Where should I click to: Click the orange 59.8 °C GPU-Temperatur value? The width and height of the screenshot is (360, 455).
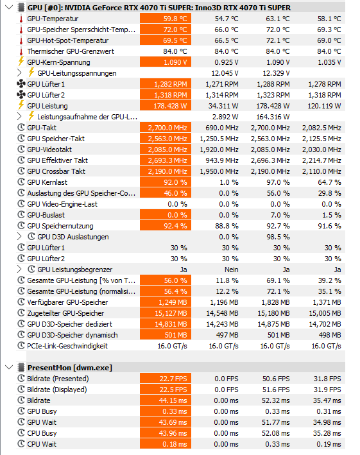[x=166, y=19]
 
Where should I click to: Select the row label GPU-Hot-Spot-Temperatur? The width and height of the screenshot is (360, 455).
[x=68, y=40]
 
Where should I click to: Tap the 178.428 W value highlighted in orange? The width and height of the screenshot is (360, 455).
[x=166, y=106]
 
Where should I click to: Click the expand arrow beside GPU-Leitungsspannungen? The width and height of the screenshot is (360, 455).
[x=19, y=73]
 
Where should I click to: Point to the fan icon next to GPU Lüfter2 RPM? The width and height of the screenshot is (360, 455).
[x=21, y=94]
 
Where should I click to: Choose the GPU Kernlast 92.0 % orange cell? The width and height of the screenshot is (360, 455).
[x=166, y=182]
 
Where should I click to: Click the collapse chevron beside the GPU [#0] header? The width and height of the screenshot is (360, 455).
[x=9, y=7]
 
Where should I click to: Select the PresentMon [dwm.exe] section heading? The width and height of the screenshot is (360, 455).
[x=69, y=368]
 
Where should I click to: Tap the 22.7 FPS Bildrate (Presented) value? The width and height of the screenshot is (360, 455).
[x=166, y=379]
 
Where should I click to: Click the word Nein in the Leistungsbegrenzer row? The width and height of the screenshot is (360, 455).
[x=231, y=270]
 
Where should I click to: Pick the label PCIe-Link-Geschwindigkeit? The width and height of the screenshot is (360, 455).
[x=67, y=346]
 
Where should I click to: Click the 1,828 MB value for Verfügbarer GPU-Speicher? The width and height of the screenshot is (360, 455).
[x=275, y=302]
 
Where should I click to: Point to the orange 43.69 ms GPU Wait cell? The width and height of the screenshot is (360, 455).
[x=166, y=422]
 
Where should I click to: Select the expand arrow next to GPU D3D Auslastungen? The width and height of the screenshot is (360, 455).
[x=19, y=237]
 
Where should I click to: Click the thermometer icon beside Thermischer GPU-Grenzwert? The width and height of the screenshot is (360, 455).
[x=21, y=51]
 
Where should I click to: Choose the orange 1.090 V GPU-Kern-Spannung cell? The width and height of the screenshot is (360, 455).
[x=166, y=62]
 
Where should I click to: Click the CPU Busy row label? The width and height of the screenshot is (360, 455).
[x=42, y=433]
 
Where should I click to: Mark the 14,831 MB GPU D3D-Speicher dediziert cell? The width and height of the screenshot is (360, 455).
[x=166, y=324]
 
